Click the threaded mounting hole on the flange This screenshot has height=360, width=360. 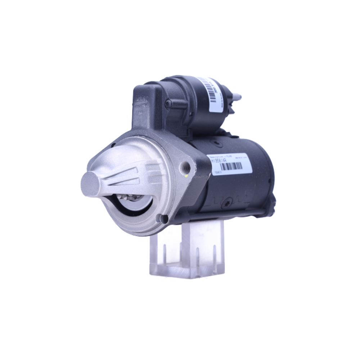[x=186, y=166]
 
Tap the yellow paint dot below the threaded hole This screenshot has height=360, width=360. [x=185, y=176]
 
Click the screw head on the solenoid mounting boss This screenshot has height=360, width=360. [x=168, y=104]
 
